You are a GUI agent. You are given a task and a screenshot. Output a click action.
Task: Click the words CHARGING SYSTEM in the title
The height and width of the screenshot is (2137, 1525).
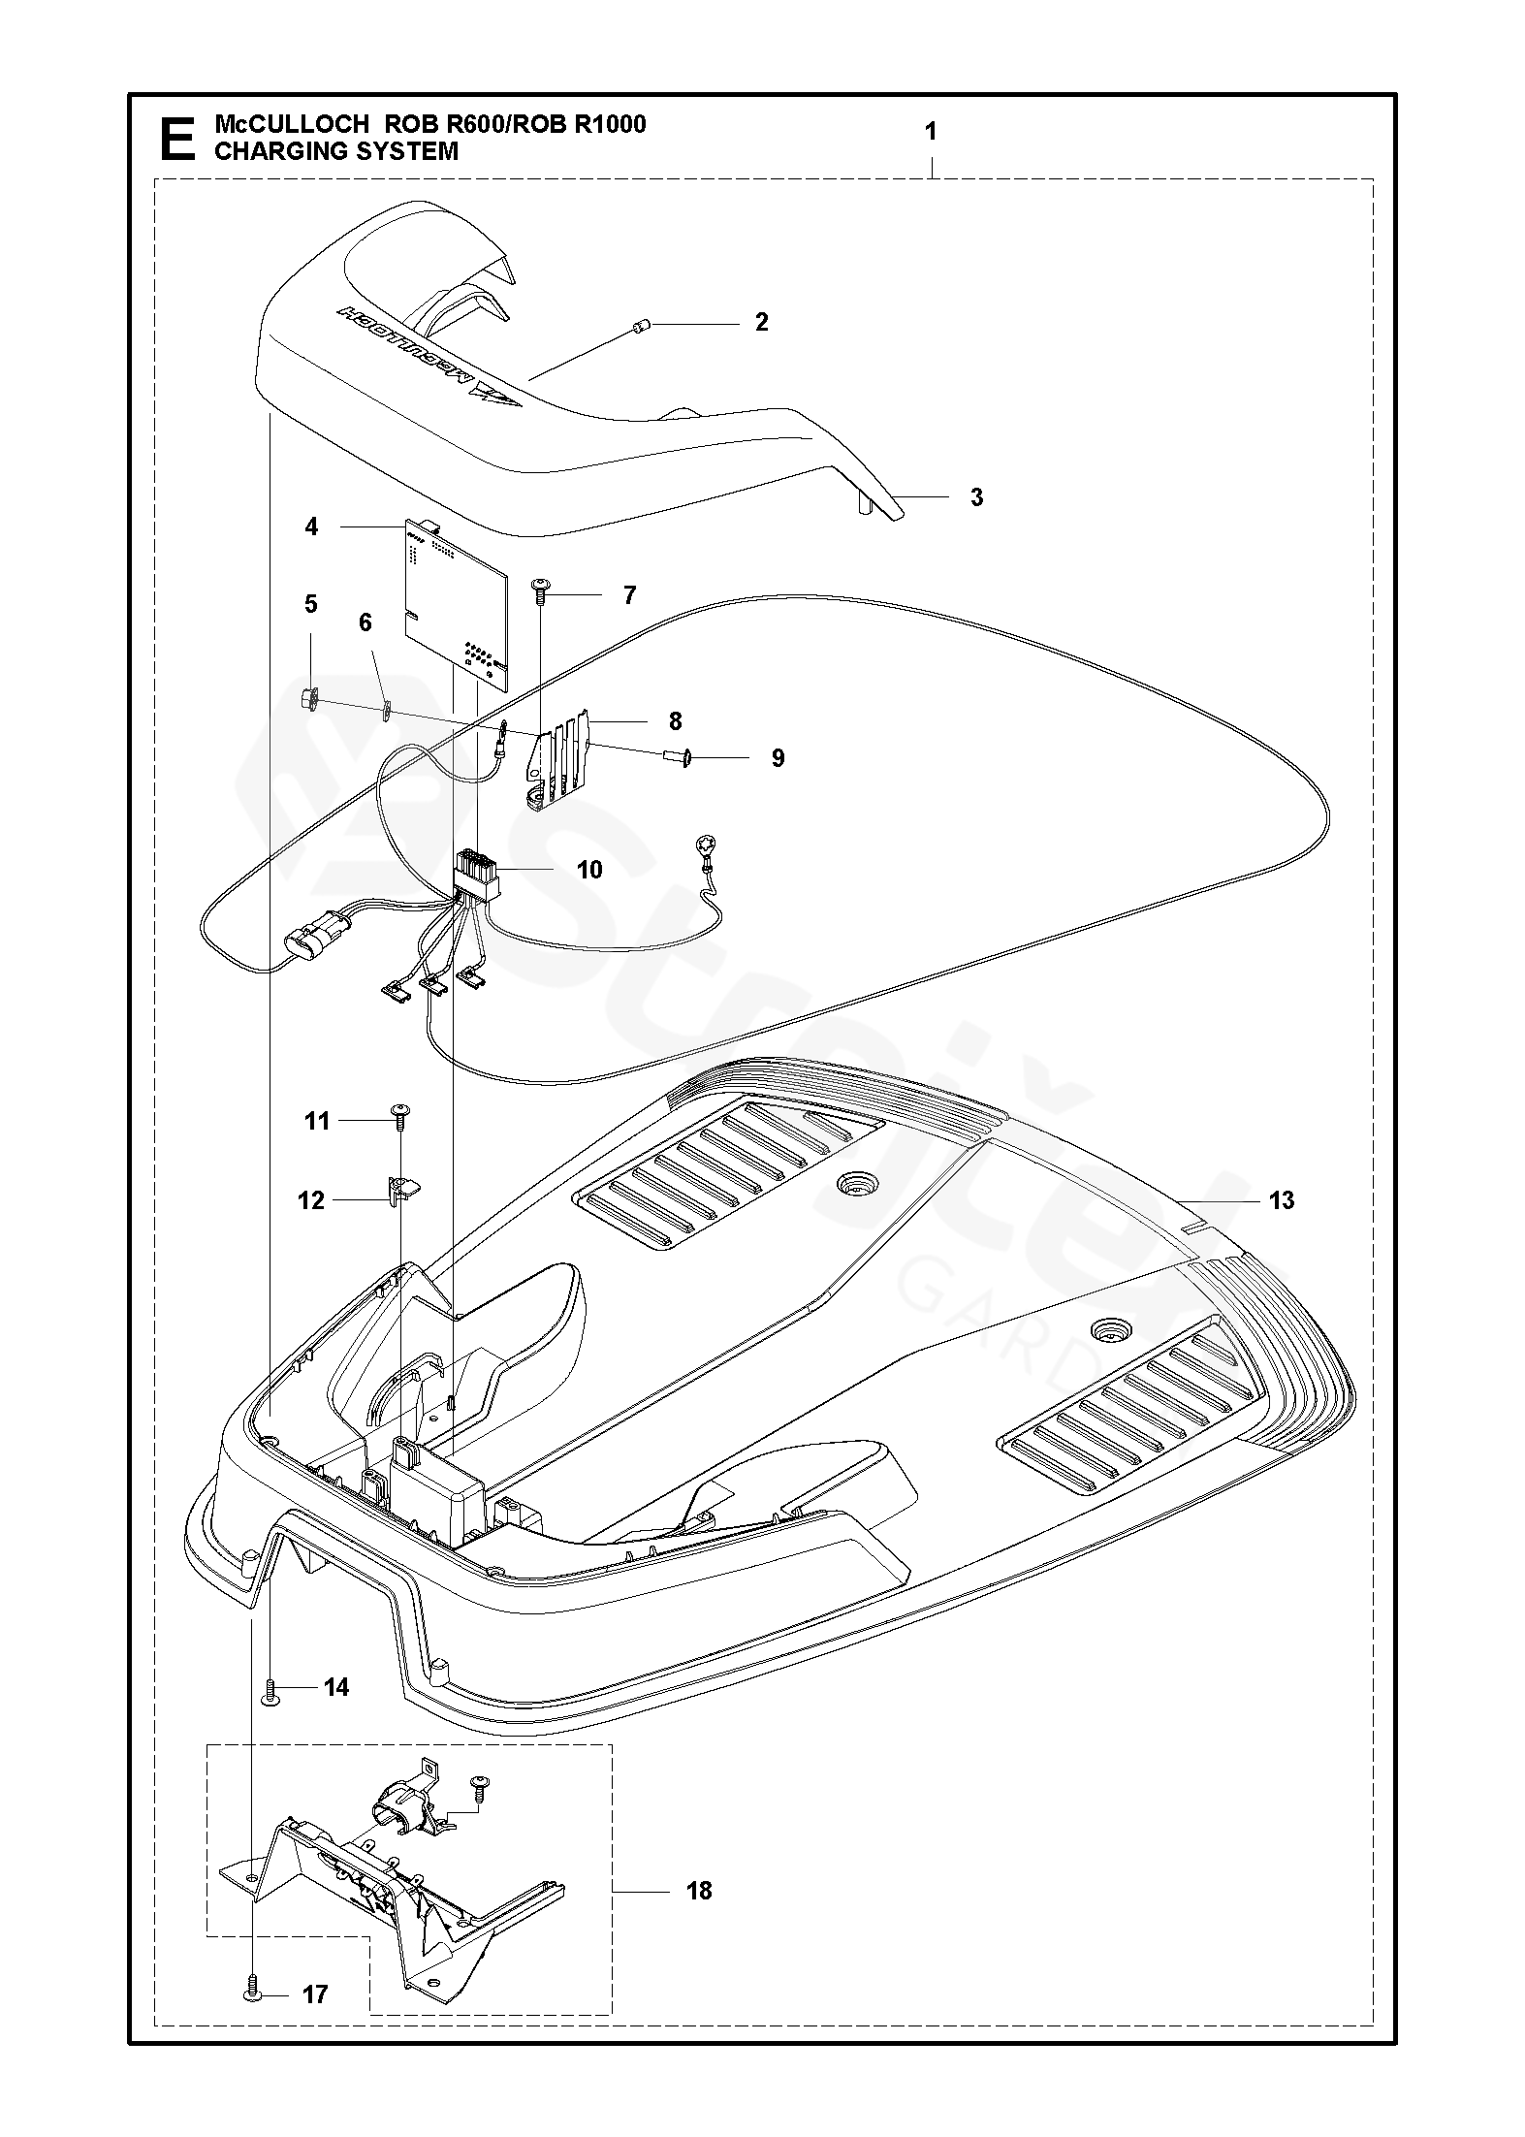point(335,151)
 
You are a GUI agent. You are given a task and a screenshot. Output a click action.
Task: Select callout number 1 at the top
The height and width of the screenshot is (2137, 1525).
point(931,132)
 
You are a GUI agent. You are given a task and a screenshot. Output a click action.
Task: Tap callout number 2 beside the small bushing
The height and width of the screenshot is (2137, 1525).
point(761,322)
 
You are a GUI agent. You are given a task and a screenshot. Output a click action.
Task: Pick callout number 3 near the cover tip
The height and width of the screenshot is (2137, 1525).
point(976,497)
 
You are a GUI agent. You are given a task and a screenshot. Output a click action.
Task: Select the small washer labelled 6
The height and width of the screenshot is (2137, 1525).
point(386,711)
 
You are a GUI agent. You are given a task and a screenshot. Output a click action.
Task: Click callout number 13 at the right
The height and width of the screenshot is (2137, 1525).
point(1281,1200)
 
